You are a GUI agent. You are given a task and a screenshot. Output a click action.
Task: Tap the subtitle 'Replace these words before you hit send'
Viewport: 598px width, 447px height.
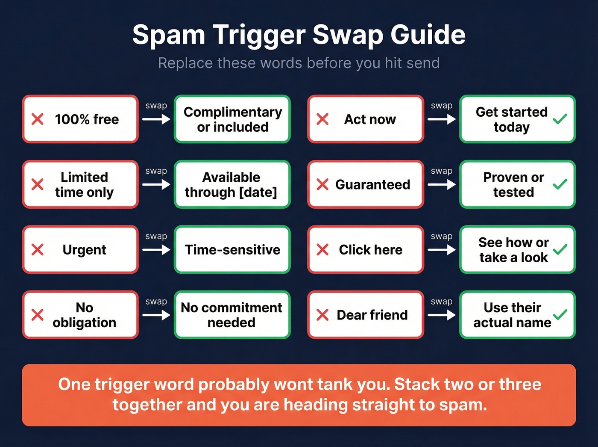click(299, 63)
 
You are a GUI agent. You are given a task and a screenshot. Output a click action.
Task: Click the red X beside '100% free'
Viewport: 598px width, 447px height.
click(38, 119)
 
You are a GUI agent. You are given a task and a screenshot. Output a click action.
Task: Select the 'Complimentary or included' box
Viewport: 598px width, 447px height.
click(232, 119)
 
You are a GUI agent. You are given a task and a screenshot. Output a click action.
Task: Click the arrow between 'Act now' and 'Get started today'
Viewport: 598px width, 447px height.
click(442, 119)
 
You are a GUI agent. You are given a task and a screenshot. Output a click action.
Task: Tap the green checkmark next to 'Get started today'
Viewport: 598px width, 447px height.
click(560, 119)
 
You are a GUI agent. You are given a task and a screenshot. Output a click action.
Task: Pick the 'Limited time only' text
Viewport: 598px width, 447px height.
click(84, 185)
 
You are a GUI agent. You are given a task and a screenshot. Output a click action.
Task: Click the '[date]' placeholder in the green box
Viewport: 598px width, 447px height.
click(258, 192)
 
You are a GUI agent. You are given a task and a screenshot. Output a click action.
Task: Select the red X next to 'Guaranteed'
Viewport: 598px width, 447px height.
click(322, 185)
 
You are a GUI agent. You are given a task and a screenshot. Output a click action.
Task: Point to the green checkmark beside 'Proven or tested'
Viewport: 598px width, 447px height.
click(560, 184)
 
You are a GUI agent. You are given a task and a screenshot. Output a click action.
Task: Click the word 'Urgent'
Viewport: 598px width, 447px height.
click(84, 250)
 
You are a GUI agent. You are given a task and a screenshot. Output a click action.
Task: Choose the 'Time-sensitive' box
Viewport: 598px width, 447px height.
click(232, 250)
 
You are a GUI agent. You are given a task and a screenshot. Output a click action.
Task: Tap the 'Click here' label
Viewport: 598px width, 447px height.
click(370, 250)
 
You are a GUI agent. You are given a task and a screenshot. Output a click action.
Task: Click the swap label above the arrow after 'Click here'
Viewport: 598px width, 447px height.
click(442, 237)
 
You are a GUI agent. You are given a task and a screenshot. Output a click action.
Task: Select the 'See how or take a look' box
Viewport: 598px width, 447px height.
click(517, 250)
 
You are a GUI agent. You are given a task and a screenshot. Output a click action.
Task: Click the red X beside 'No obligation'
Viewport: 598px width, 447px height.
click(38, 315)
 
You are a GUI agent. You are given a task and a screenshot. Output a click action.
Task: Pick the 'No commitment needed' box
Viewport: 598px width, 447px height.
click(232, 315)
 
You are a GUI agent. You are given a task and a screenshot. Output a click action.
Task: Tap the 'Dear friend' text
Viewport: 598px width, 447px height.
click(372, 315)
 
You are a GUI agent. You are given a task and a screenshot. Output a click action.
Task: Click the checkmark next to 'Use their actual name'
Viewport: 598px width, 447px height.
click(560, 315)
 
